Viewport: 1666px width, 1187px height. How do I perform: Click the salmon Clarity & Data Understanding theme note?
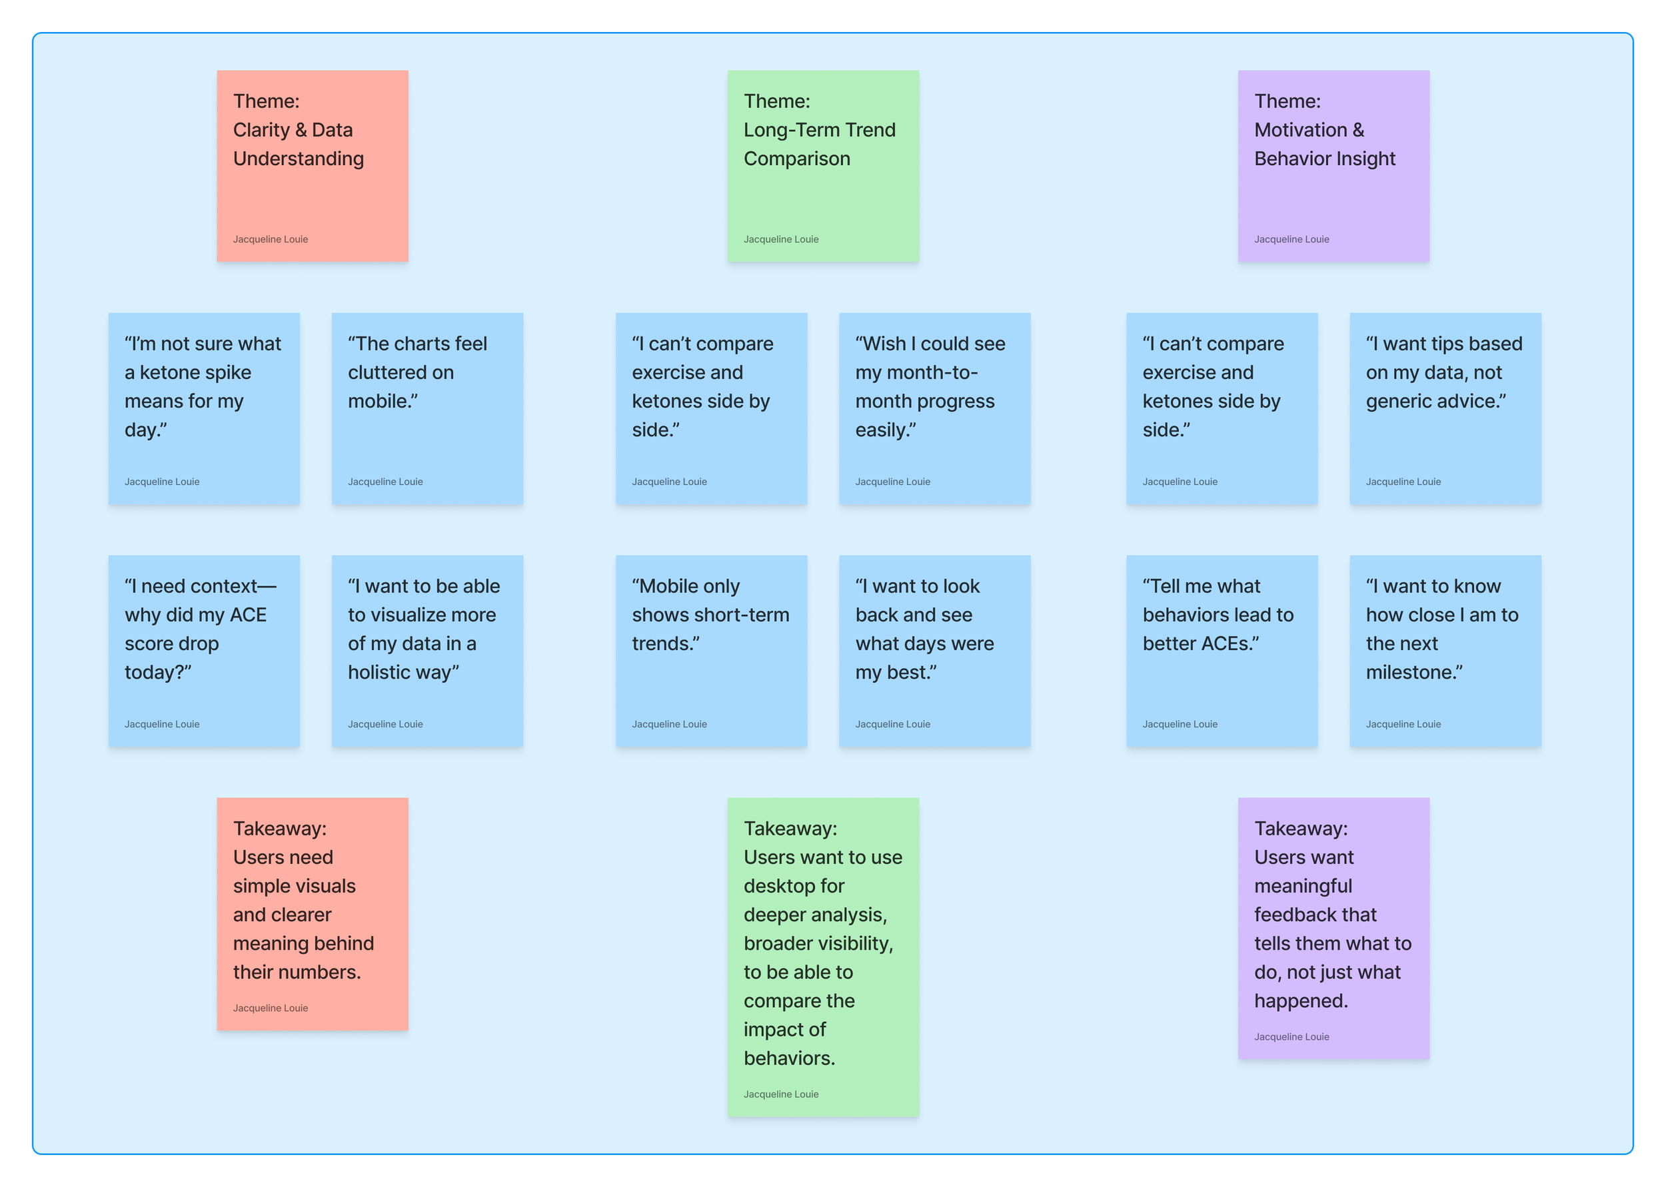click(312, 166)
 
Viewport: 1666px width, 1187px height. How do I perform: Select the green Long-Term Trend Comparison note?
click(822, 166)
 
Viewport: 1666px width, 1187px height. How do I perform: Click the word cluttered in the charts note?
click(401, 373)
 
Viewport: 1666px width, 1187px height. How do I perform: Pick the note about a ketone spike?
click(203, 408)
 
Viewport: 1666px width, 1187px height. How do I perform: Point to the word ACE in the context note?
click(248, 615)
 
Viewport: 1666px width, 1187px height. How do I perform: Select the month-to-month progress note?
click(934, 408)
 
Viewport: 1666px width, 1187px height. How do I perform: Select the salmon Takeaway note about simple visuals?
click(312, 914)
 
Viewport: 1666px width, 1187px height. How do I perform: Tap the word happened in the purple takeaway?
click(1301, 1000)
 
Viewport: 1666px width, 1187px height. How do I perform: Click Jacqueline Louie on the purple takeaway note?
click(1291, 1036)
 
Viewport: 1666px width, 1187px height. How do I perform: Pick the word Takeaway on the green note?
click(790, 829)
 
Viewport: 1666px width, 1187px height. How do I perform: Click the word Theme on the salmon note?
click(265, 102)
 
